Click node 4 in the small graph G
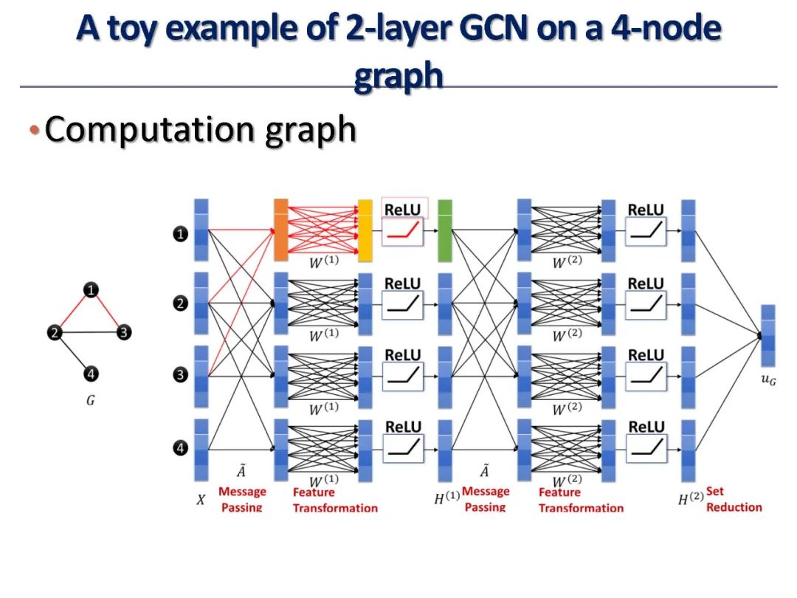point(90,374)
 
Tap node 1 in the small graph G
point(90,290)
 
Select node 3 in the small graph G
point(125,333)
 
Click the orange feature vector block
point(280,230)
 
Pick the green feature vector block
point(444,230)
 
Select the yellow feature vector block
point(365,230)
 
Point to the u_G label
point(768,379)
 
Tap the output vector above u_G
point(767,336)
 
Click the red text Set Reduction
point(734,498)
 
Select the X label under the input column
point(201,500)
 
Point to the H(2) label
point(689,499)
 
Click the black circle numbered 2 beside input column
point(180,303)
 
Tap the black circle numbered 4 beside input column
point(180,447)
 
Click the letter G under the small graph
point(90,402)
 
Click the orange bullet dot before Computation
point(33,131)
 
